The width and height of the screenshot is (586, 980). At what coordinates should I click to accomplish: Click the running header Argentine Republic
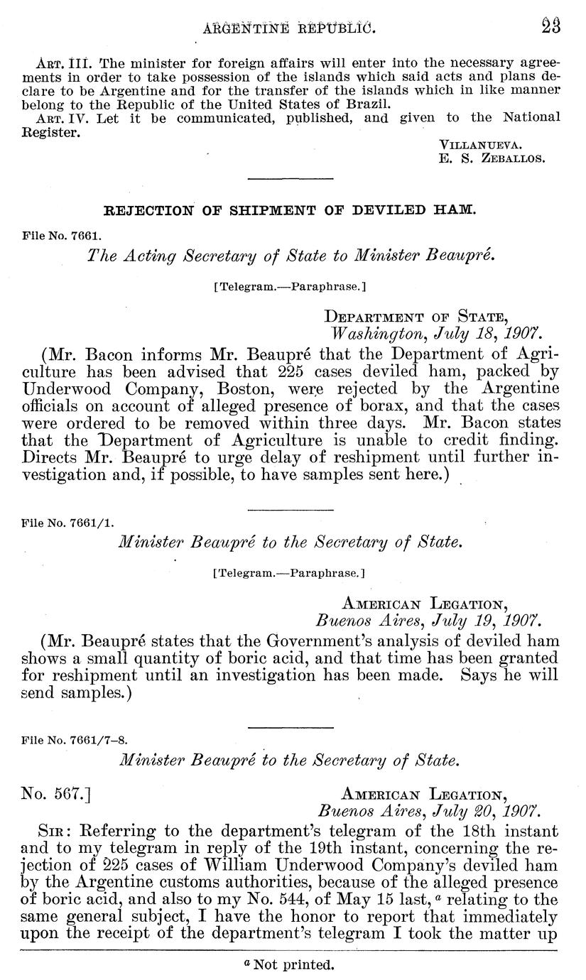tap(288, 28)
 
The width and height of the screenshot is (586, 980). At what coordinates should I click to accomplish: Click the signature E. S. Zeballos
tap(492, 159)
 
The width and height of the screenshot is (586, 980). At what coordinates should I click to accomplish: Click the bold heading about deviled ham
tap(290, 210)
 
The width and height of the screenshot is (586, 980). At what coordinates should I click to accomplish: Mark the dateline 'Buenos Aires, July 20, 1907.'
tap(428, 810)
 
